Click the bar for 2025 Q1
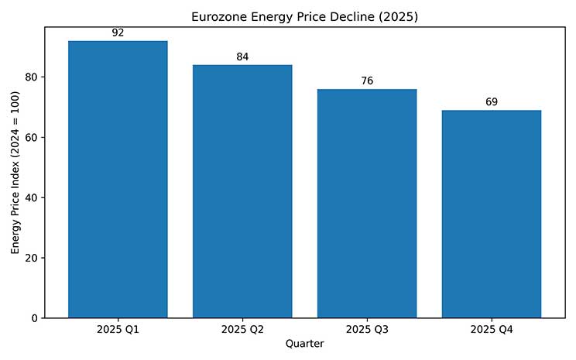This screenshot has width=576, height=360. coord(118,180)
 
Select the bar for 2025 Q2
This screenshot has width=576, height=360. coord(242,191)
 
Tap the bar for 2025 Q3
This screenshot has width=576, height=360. coord(367,204)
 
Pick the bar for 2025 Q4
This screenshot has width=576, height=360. coord(492,214)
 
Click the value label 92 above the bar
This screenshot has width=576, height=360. coord(118,33)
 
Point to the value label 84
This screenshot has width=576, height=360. coord(242,57)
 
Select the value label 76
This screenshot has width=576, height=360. coord(367,81)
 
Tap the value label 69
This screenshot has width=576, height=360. coord(492,101)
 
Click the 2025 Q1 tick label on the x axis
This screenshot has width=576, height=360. coord(118,330)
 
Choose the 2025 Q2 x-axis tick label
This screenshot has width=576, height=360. coord(242,330)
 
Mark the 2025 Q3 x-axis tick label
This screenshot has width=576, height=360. coord(367,330)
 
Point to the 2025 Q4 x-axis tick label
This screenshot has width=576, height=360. coord(492,330)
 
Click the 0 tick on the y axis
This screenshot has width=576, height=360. coord(35,318)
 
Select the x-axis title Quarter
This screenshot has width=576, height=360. coord(304,344)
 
